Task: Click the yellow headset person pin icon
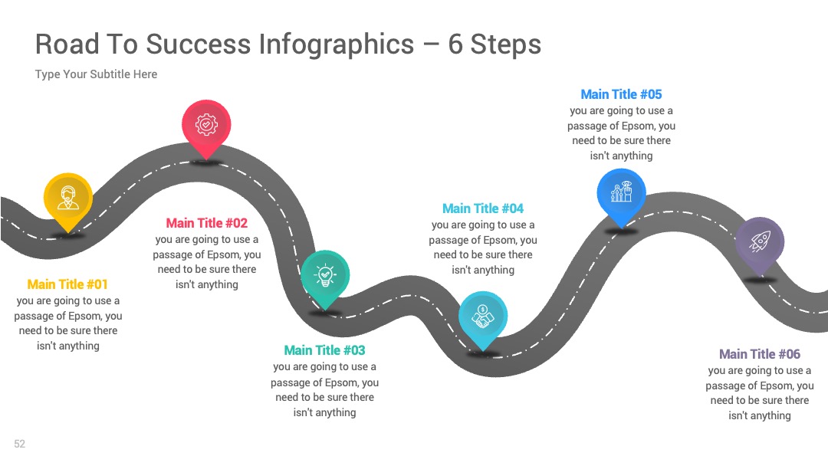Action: tap(68, 199)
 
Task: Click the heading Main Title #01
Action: tap(67, 284)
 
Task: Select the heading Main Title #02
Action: tap(207, 223)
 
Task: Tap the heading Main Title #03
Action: tap(325, 350)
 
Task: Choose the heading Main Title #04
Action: tap(483, 208)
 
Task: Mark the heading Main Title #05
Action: tap(622, 94)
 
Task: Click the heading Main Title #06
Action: tap(760, 354)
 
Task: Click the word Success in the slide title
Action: tap(198, 44)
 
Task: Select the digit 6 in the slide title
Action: tap(455, 44)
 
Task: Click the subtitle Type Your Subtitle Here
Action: tap(96, 74)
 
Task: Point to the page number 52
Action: tap(19, 444)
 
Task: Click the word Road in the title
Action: tap(67, 44)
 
